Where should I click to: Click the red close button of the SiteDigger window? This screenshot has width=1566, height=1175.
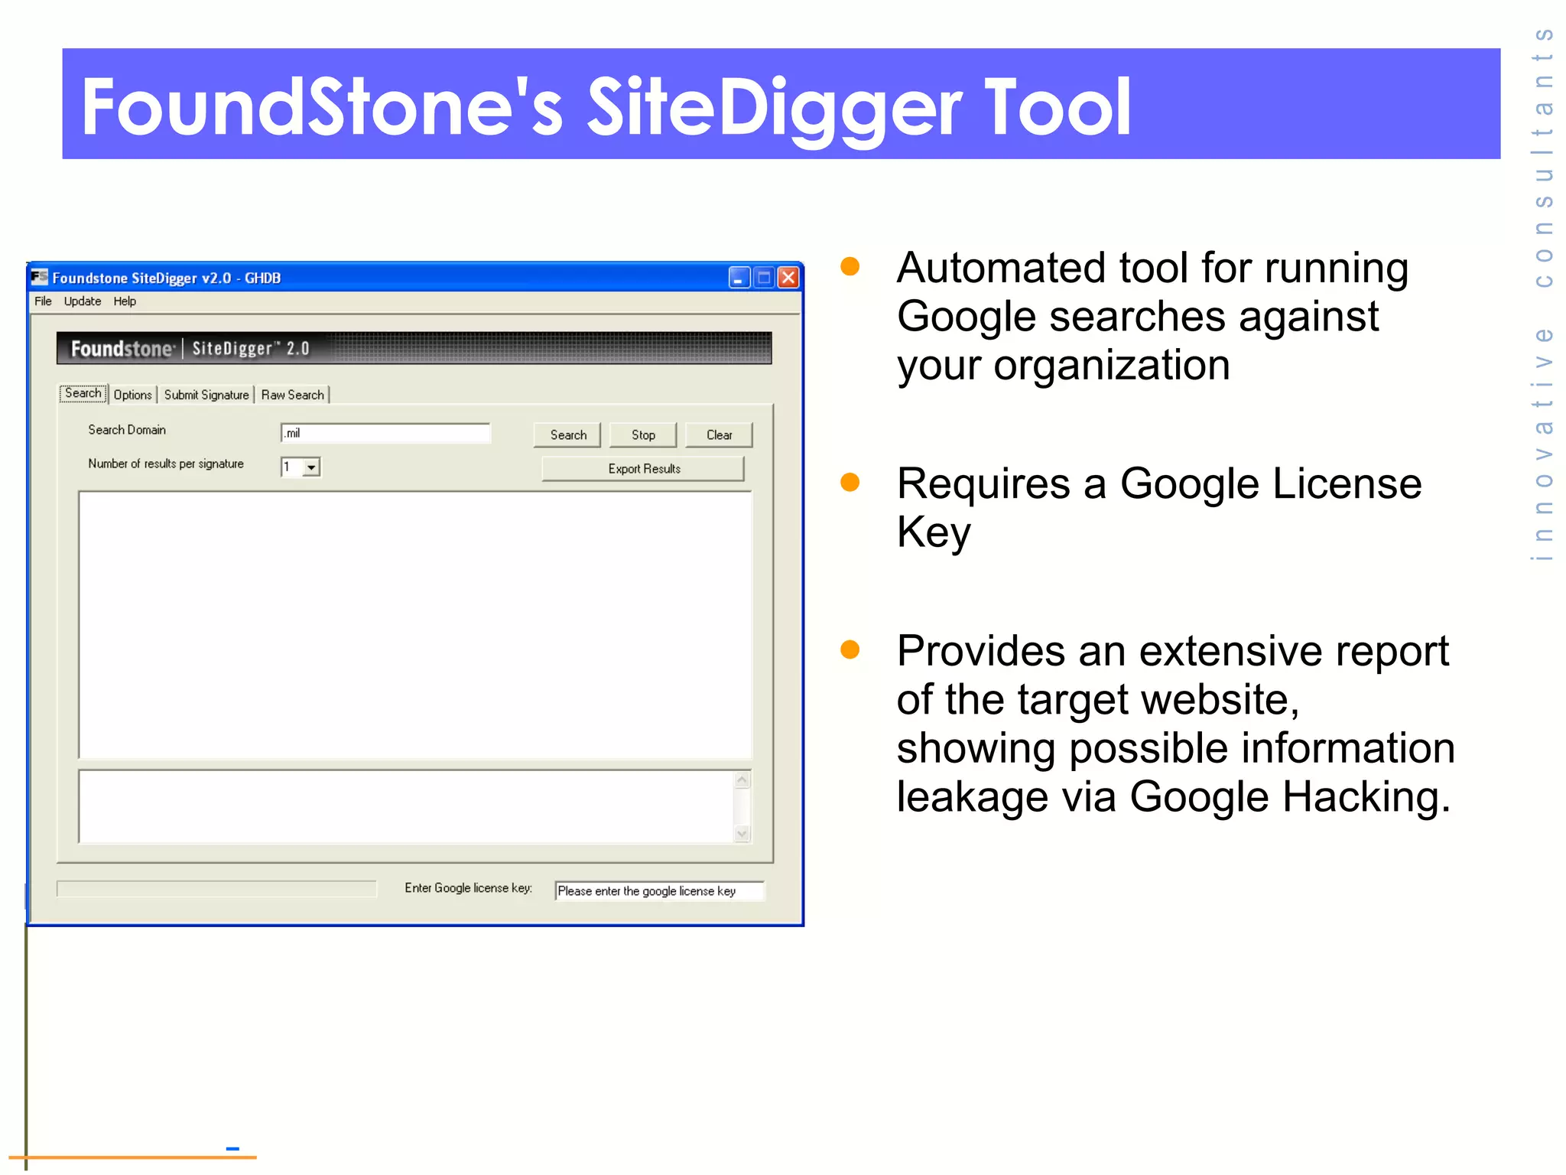788,277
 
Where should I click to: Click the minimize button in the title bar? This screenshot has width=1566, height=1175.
739,277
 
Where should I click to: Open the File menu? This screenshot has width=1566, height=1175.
43,301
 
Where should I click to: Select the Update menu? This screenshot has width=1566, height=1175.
83,301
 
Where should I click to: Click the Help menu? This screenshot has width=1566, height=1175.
125,301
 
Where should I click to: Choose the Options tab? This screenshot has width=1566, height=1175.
132,395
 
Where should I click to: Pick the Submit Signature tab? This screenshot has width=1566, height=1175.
206,395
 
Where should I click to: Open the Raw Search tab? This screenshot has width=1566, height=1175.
292,395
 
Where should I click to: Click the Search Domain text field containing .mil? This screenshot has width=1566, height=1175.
385,434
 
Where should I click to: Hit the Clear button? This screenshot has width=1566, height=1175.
719,435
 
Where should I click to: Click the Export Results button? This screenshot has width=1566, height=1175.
644,469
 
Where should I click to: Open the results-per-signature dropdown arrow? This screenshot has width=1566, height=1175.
311,467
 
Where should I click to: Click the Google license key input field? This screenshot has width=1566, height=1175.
659,891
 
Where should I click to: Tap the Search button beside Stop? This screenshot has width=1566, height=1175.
568,435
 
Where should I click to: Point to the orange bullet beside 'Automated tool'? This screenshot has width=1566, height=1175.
850,266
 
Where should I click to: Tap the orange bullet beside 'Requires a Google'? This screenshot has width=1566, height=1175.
850,482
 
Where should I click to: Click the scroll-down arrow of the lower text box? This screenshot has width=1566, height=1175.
742,834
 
